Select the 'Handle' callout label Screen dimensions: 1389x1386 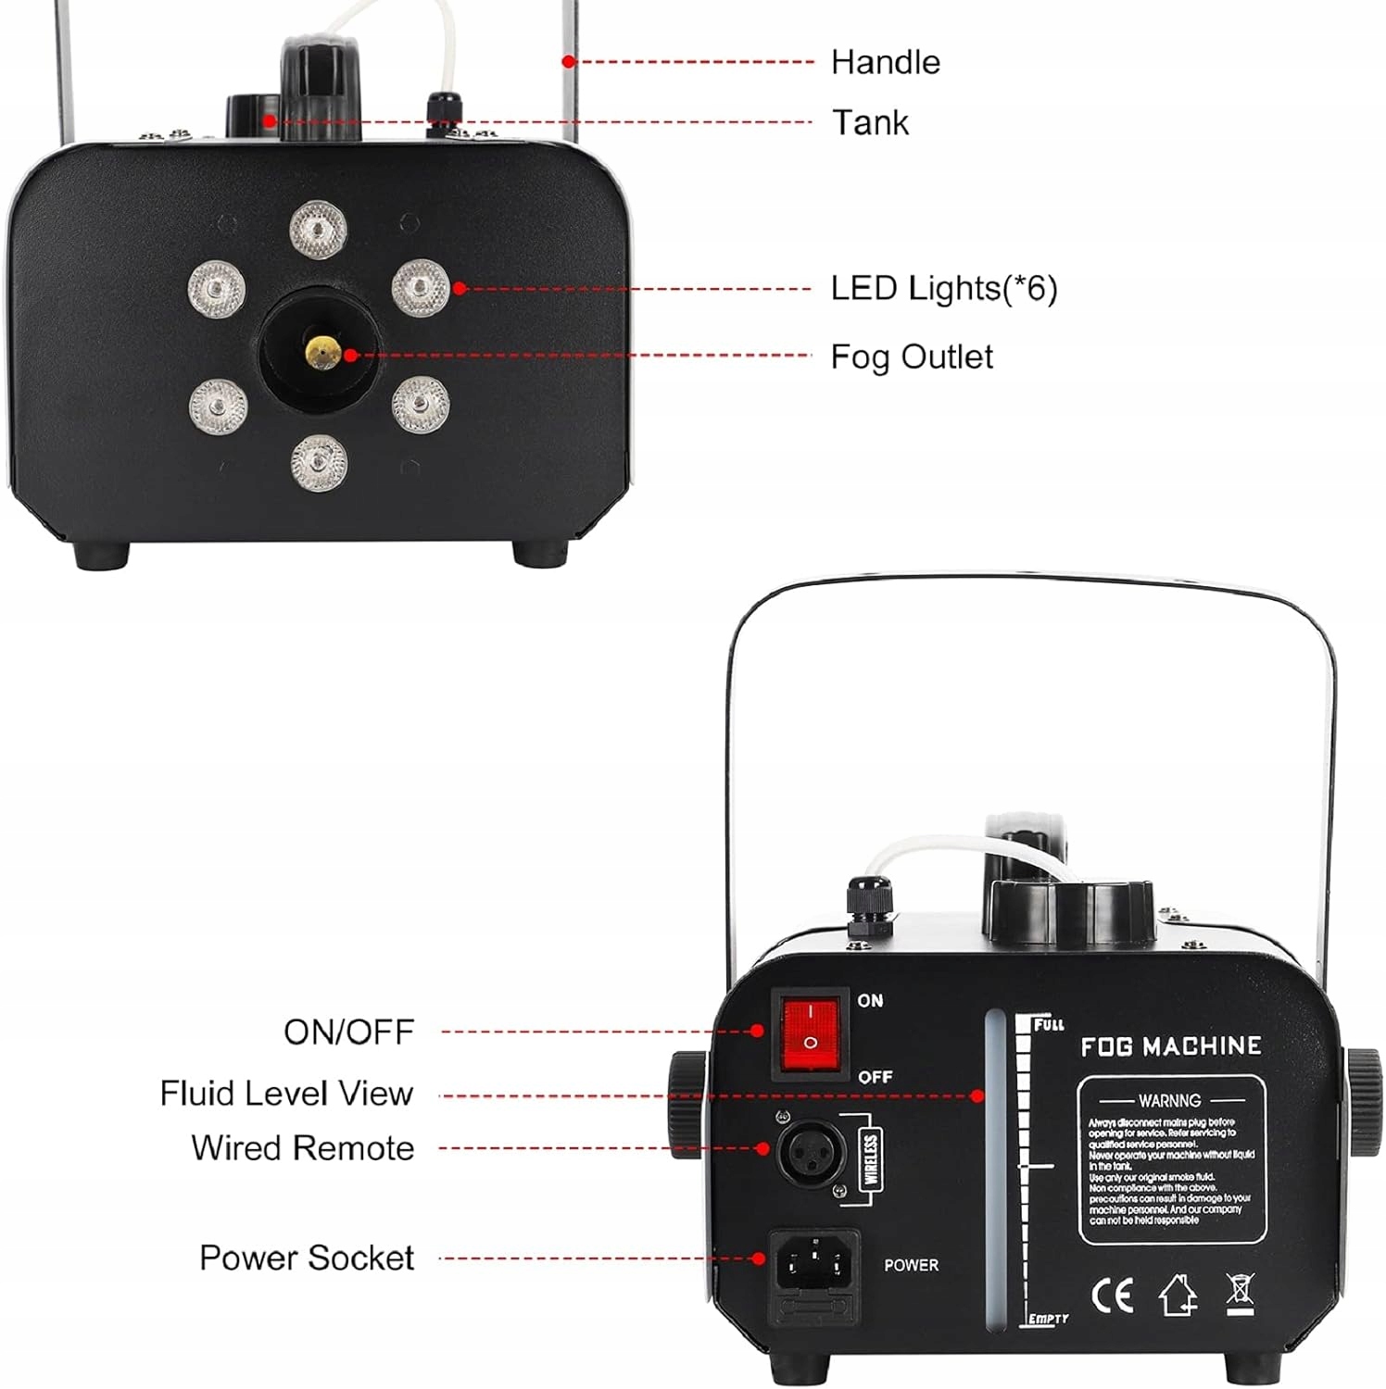coord(885,62)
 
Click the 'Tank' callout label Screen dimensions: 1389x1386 coord(870,122)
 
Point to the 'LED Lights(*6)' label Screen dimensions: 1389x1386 coord(943,288)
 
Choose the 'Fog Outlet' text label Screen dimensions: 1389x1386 coord(911,357)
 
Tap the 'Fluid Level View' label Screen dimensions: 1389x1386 coord(286,1093)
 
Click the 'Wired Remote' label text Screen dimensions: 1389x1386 coord(303,1148)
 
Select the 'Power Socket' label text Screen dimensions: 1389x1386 coord(307,1258)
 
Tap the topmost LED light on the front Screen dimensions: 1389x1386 coord(318,229)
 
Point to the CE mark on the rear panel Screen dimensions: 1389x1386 coord(1112,1295)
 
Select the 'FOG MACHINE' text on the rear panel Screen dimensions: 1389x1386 coord(1170,1046)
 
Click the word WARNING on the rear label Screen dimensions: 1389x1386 coord(1169,1100)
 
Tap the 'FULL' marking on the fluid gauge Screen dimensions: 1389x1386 coord(1048,1024)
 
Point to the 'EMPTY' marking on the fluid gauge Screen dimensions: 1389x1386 coord(1049,1319)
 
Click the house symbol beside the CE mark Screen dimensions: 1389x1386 coord(1178,1295)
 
